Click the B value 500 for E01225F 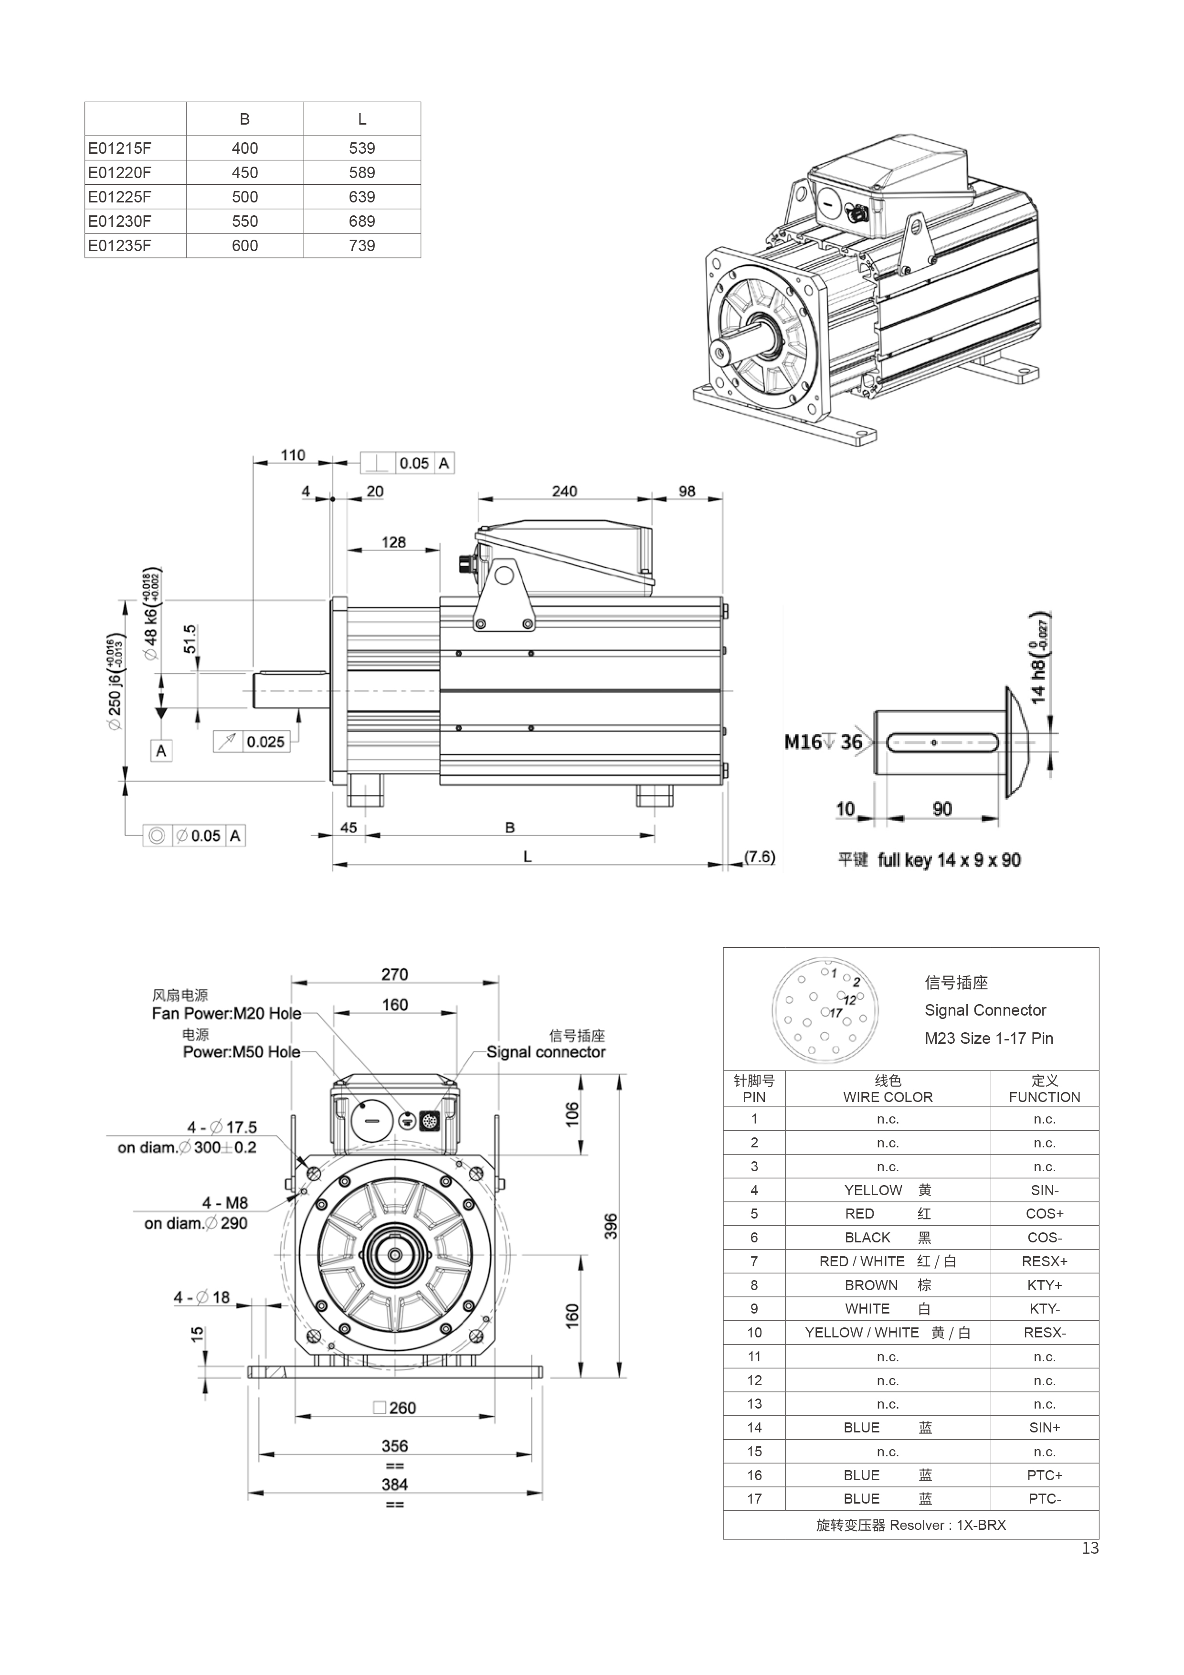(x=244, y=197)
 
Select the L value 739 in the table (x=362, y=246)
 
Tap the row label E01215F (x=120, y=148)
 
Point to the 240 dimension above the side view (x=565, y=491)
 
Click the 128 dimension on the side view (x=393, y=542)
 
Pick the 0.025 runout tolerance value (x=265, y=742)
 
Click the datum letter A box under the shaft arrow (x=161, y=751)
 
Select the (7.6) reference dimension (x=760, y=857)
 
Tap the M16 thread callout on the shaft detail (x=803, y=742)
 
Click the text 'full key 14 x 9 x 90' (x=949, y=860)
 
